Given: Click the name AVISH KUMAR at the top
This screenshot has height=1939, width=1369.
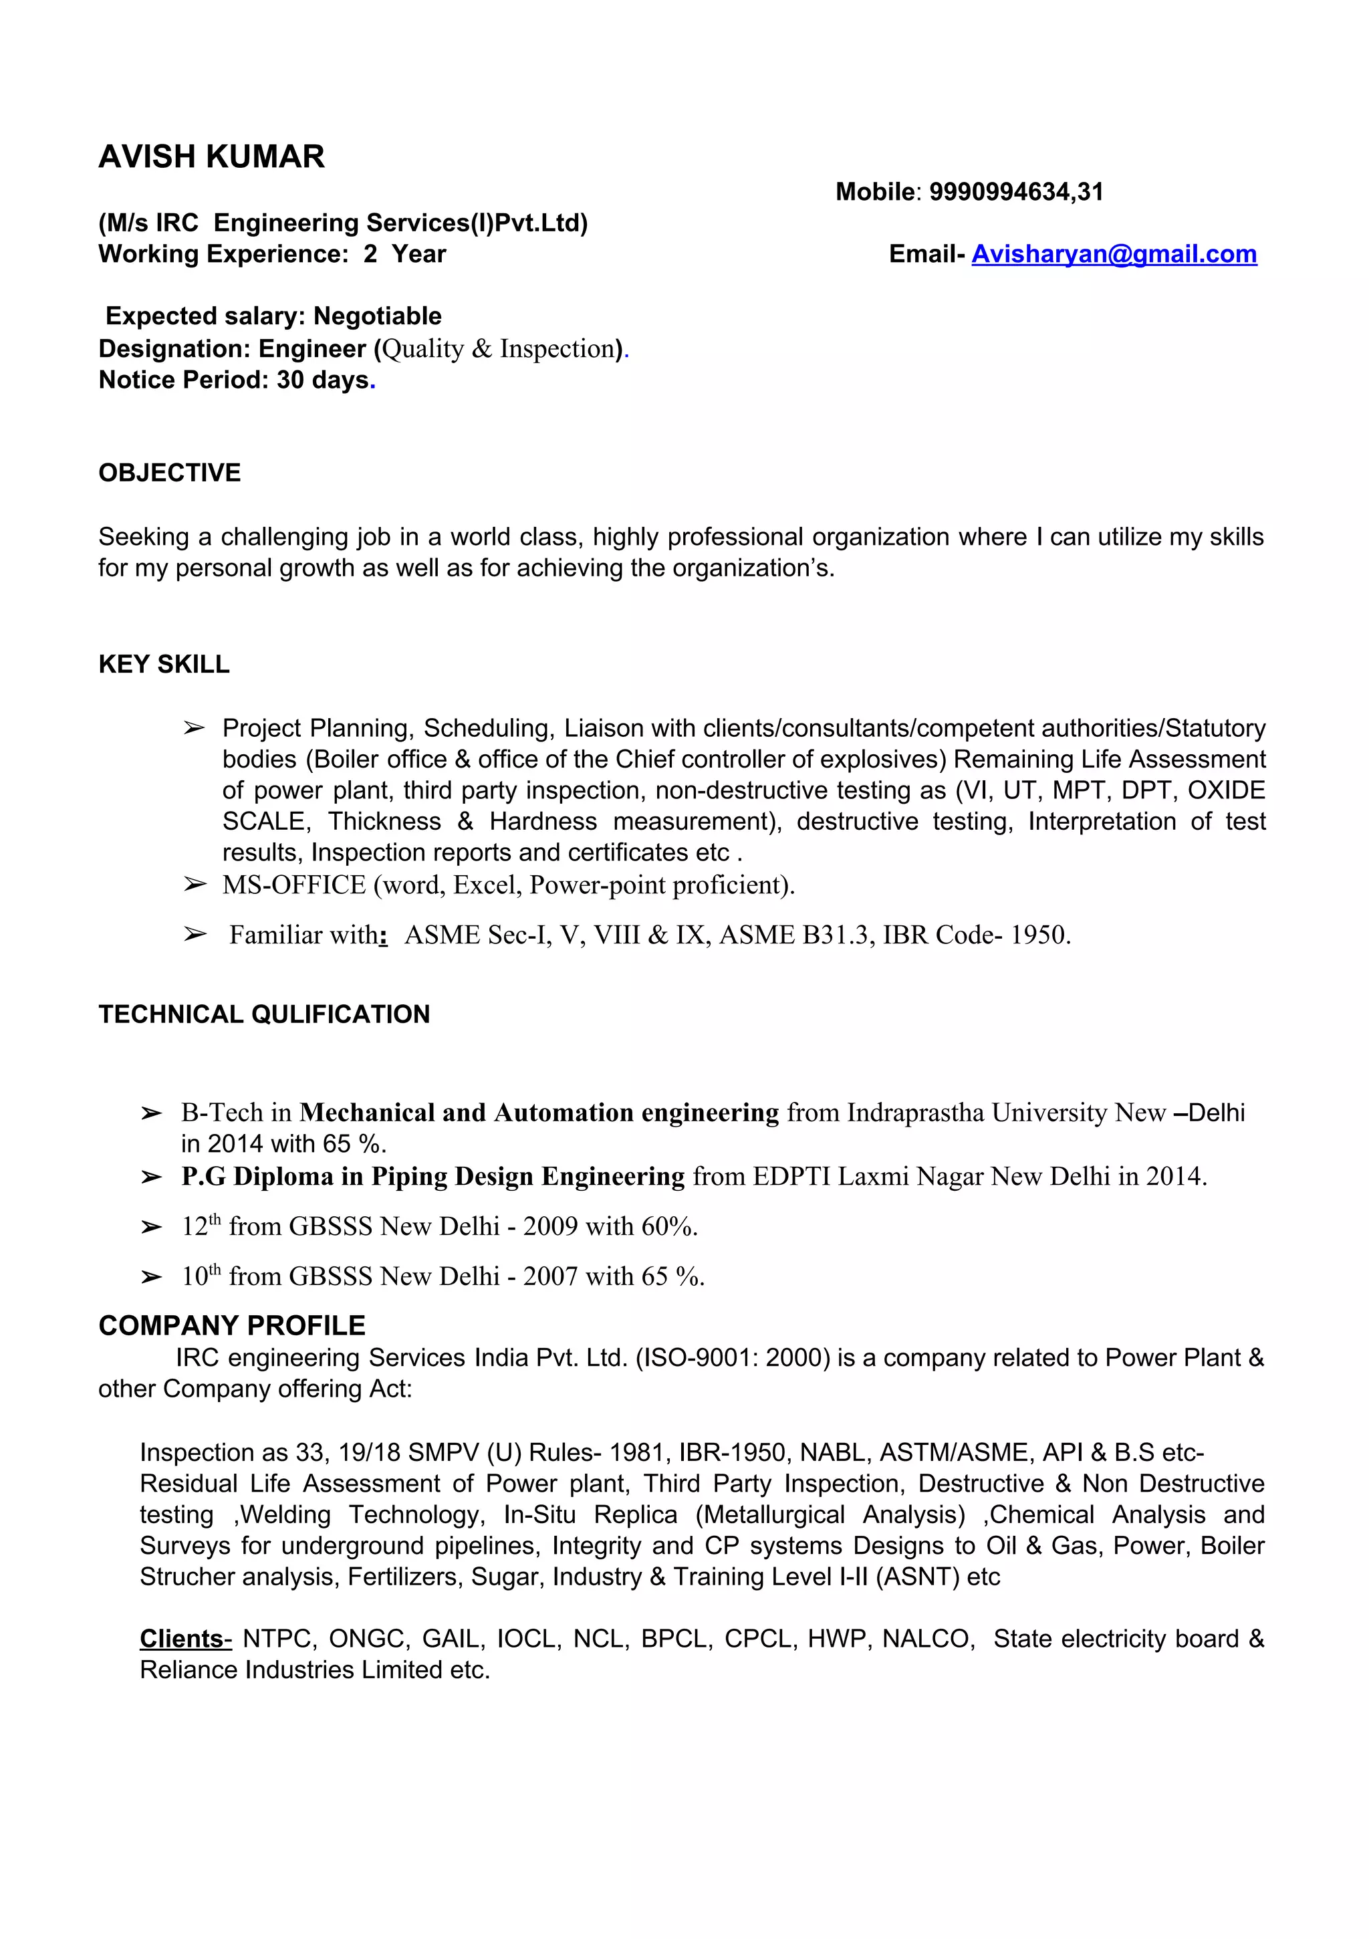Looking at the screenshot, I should tap(211, 157).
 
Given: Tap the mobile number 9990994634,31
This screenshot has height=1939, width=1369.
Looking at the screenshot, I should tap(1016, 193).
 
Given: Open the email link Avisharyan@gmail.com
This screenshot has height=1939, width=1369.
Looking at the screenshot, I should tap(1113, 254).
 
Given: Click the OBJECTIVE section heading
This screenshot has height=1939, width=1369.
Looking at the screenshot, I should tap(170, 473).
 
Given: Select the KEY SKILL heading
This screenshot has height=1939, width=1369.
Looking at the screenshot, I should tap(164, 665).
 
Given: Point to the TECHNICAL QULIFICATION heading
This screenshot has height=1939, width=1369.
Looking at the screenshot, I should tap(263, 1014).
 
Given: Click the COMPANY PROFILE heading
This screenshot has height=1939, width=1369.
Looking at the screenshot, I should tap(231, 1326).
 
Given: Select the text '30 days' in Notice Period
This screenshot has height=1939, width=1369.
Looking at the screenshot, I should tap(323, 380).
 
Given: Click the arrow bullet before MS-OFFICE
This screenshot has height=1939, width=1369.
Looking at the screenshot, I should tap(195, 884).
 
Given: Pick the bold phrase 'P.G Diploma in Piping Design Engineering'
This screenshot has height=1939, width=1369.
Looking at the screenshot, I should tap(432, 1176).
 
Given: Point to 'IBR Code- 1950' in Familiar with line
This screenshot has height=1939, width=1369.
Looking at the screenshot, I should tap(975, 935).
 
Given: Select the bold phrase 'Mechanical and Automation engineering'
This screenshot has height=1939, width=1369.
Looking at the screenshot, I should tap(539, 1113).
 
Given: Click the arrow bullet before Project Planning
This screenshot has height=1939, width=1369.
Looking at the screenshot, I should tap(195, 728).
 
